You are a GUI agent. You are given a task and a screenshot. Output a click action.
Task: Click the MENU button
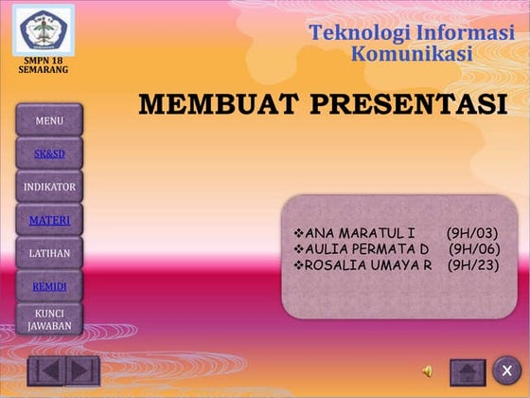(x=49, y=120)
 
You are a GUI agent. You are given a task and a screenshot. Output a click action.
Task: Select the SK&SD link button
(x=49, y=154)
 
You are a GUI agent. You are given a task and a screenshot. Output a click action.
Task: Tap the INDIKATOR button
(x=49, y=187)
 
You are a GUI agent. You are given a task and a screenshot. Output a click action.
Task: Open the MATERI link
(x=49, y=221)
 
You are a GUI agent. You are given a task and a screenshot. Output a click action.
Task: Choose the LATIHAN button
(x=49, y=253)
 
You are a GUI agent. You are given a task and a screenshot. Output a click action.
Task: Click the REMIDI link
(x=49, y=286)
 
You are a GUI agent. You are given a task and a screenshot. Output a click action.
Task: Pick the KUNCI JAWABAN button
(x=49, y=318)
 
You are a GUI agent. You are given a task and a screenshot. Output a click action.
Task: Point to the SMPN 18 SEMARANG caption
(x=43, y=64)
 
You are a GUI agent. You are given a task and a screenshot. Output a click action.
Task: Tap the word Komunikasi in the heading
(x=411, y=54)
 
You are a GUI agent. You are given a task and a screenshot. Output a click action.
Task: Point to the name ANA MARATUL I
(x=360, y=233)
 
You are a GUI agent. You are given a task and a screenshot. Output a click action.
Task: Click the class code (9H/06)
(x=474, y=249)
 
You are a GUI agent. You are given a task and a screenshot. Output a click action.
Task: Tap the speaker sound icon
(x=428, y=371)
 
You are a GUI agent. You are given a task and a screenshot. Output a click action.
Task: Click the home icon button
(x=468, y=371)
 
